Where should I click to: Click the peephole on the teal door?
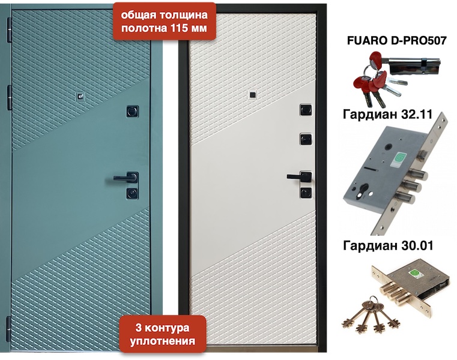point(80,96)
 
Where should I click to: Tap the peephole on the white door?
point(252,95)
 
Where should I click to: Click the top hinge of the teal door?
point(10,29)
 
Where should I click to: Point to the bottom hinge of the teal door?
point(9,329)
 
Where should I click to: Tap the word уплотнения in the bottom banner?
point(162,341)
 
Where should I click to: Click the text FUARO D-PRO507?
point(397,40)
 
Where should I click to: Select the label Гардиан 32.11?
point(387,114)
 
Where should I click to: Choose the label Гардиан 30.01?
point(388,245)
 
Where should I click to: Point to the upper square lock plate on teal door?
point(133,111)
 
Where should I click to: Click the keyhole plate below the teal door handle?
point(132,193)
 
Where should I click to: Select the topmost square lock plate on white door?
point(306,110)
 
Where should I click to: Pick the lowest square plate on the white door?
point(306,193)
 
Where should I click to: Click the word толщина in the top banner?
point(183,14)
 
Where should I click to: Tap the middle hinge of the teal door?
point(10,98)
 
